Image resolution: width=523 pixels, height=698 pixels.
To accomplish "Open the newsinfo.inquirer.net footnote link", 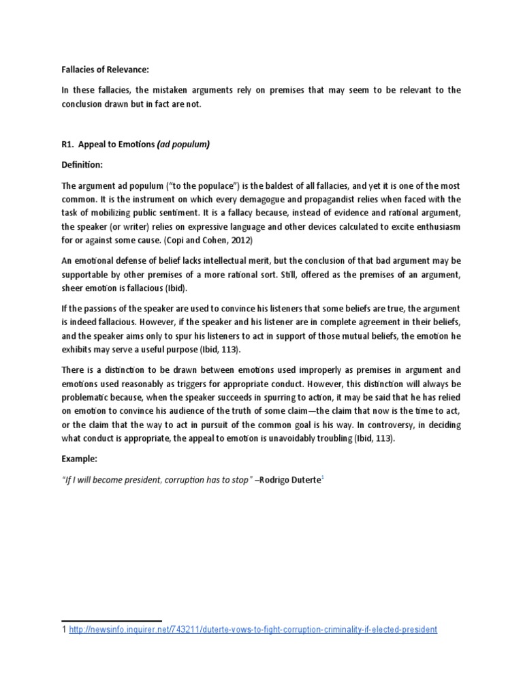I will [253, 631].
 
